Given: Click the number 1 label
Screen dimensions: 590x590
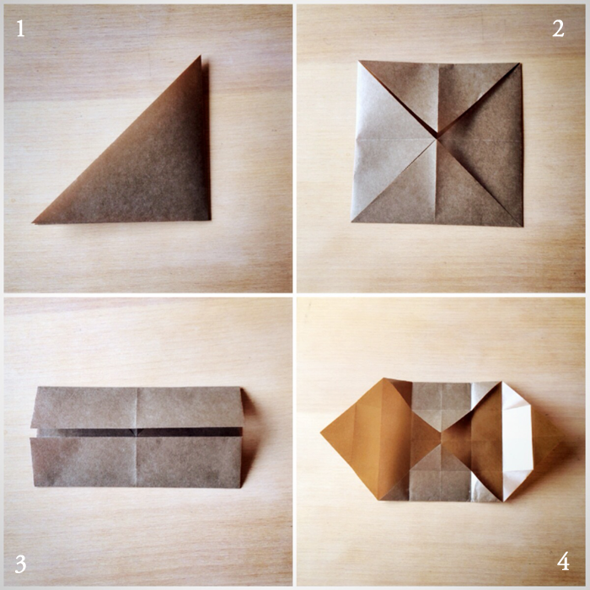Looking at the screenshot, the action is tap(21, 29).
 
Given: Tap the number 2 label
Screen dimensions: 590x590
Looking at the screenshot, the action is tap(558, 29).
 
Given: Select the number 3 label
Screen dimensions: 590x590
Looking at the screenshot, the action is tap(21, 564).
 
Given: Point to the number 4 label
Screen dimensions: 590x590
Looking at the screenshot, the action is tap(563, 562).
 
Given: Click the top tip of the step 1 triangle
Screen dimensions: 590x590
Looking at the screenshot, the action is tap(201, 56).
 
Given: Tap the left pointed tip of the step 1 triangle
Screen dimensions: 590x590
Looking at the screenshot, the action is tap(33, 223).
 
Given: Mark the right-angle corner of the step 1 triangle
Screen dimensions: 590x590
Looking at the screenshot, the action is tap(209, 219).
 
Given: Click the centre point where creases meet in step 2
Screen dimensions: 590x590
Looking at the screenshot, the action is tap(437, 139).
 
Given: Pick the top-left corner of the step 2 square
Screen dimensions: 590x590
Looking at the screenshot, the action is tap(359, 61).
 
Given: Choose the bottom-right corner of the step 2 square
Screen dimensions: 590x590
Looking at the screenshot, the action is tap(523, 226).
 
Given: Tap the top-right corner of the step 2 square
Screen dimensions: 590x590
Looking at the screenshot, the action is tap(520, 64).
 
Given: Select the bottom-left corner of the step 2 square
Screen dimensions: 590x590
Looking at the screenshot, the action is tap(351, 221).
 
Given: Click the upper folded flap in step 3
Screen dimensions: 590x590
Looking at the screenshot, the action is tap(137, 407).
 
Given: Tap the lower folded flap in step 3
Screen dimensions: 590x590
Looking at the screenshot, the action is tap(137, 462).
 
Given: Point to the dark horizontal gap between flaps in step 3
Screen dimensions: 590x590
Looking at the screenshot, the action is tap(139, 432).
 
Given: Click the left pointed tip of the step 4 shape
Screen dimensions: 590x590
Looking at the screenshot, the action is tap(321, 433).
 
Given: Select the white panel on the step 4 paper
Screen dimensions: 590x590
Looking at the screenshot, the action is tap(517, 438).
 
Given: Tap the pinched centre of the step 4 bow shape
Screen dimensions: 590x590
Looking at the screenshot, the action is tap(441, 437).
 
